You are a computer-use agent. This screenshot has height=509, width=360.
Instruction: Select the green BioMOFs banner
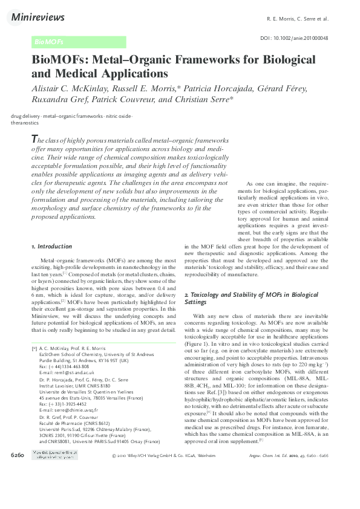[x=79, y=42]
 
